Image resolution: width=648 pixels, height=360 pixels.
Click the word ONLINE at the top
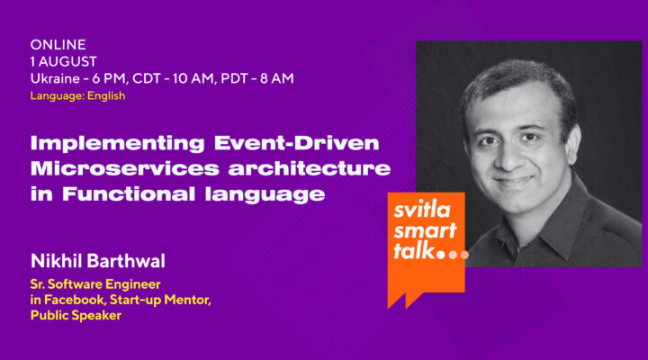click(x=58, y=44)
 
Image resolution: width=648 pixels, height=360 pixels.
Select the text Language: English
click(x=77, y=95)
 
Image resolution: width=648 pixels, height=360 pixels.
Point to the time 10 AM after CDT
click(x=207, y=78)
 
